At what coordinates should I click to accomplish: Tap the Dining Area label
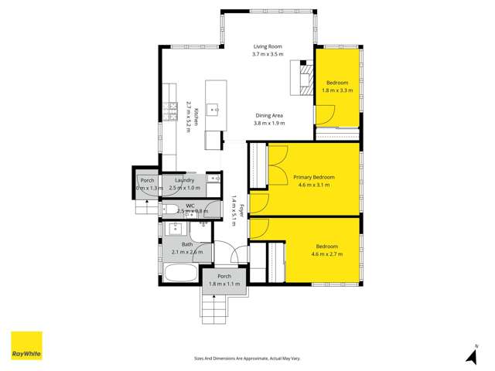click(270, 114)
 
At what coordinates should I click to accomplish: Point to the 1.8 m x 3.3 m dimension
click(338, 90)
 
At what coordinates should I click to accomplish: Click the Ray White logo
click(26, 345)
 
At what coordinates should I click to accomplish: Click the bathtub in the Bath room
click(179, 273)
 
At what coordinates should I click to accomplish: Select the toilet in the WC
click(169, 208)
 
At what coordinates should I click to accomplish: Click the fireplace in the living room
click(304, 77)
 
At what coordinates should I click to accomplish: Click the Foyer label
click(241, 209)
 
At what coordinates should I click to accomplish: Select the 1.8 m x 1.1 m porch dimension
click(224, 284)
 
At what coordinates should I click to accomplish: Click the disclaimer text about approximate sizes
click(247, 358)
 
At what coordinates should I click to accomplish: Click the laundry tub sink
click(214, 179)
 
